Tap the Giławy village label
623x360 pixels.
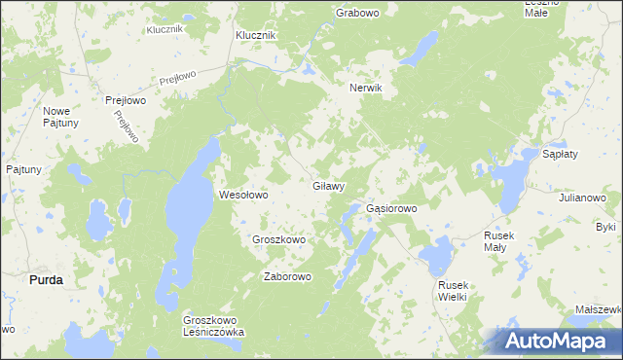(x=329, y=185)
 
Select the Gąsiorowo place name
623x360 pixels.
(x=391, y=208)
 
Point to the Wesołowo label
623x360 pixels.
(x=242, y=195)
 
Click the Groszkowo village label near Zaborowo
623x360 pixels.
(x=279, y=239)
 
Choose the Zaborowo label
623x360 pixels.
(x=287, y=276)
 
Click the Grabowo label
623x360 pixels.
(x=357, y=13)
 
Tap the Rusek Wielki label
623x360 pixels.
(x=454, y=290)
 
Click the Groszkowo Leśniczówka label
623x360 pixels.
(x=214, y=326)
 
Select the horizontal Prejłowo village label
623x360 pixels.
(x=126, y=99)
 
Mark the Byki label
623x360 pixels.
(x=606, y=227)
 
